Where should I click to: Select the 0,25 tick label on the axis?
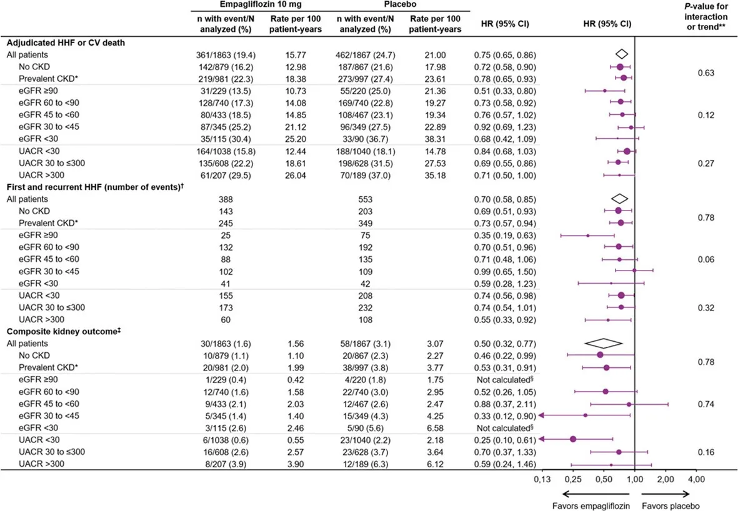pos(573,479)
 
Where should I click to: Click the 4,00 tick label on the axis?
pos(696,479)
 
